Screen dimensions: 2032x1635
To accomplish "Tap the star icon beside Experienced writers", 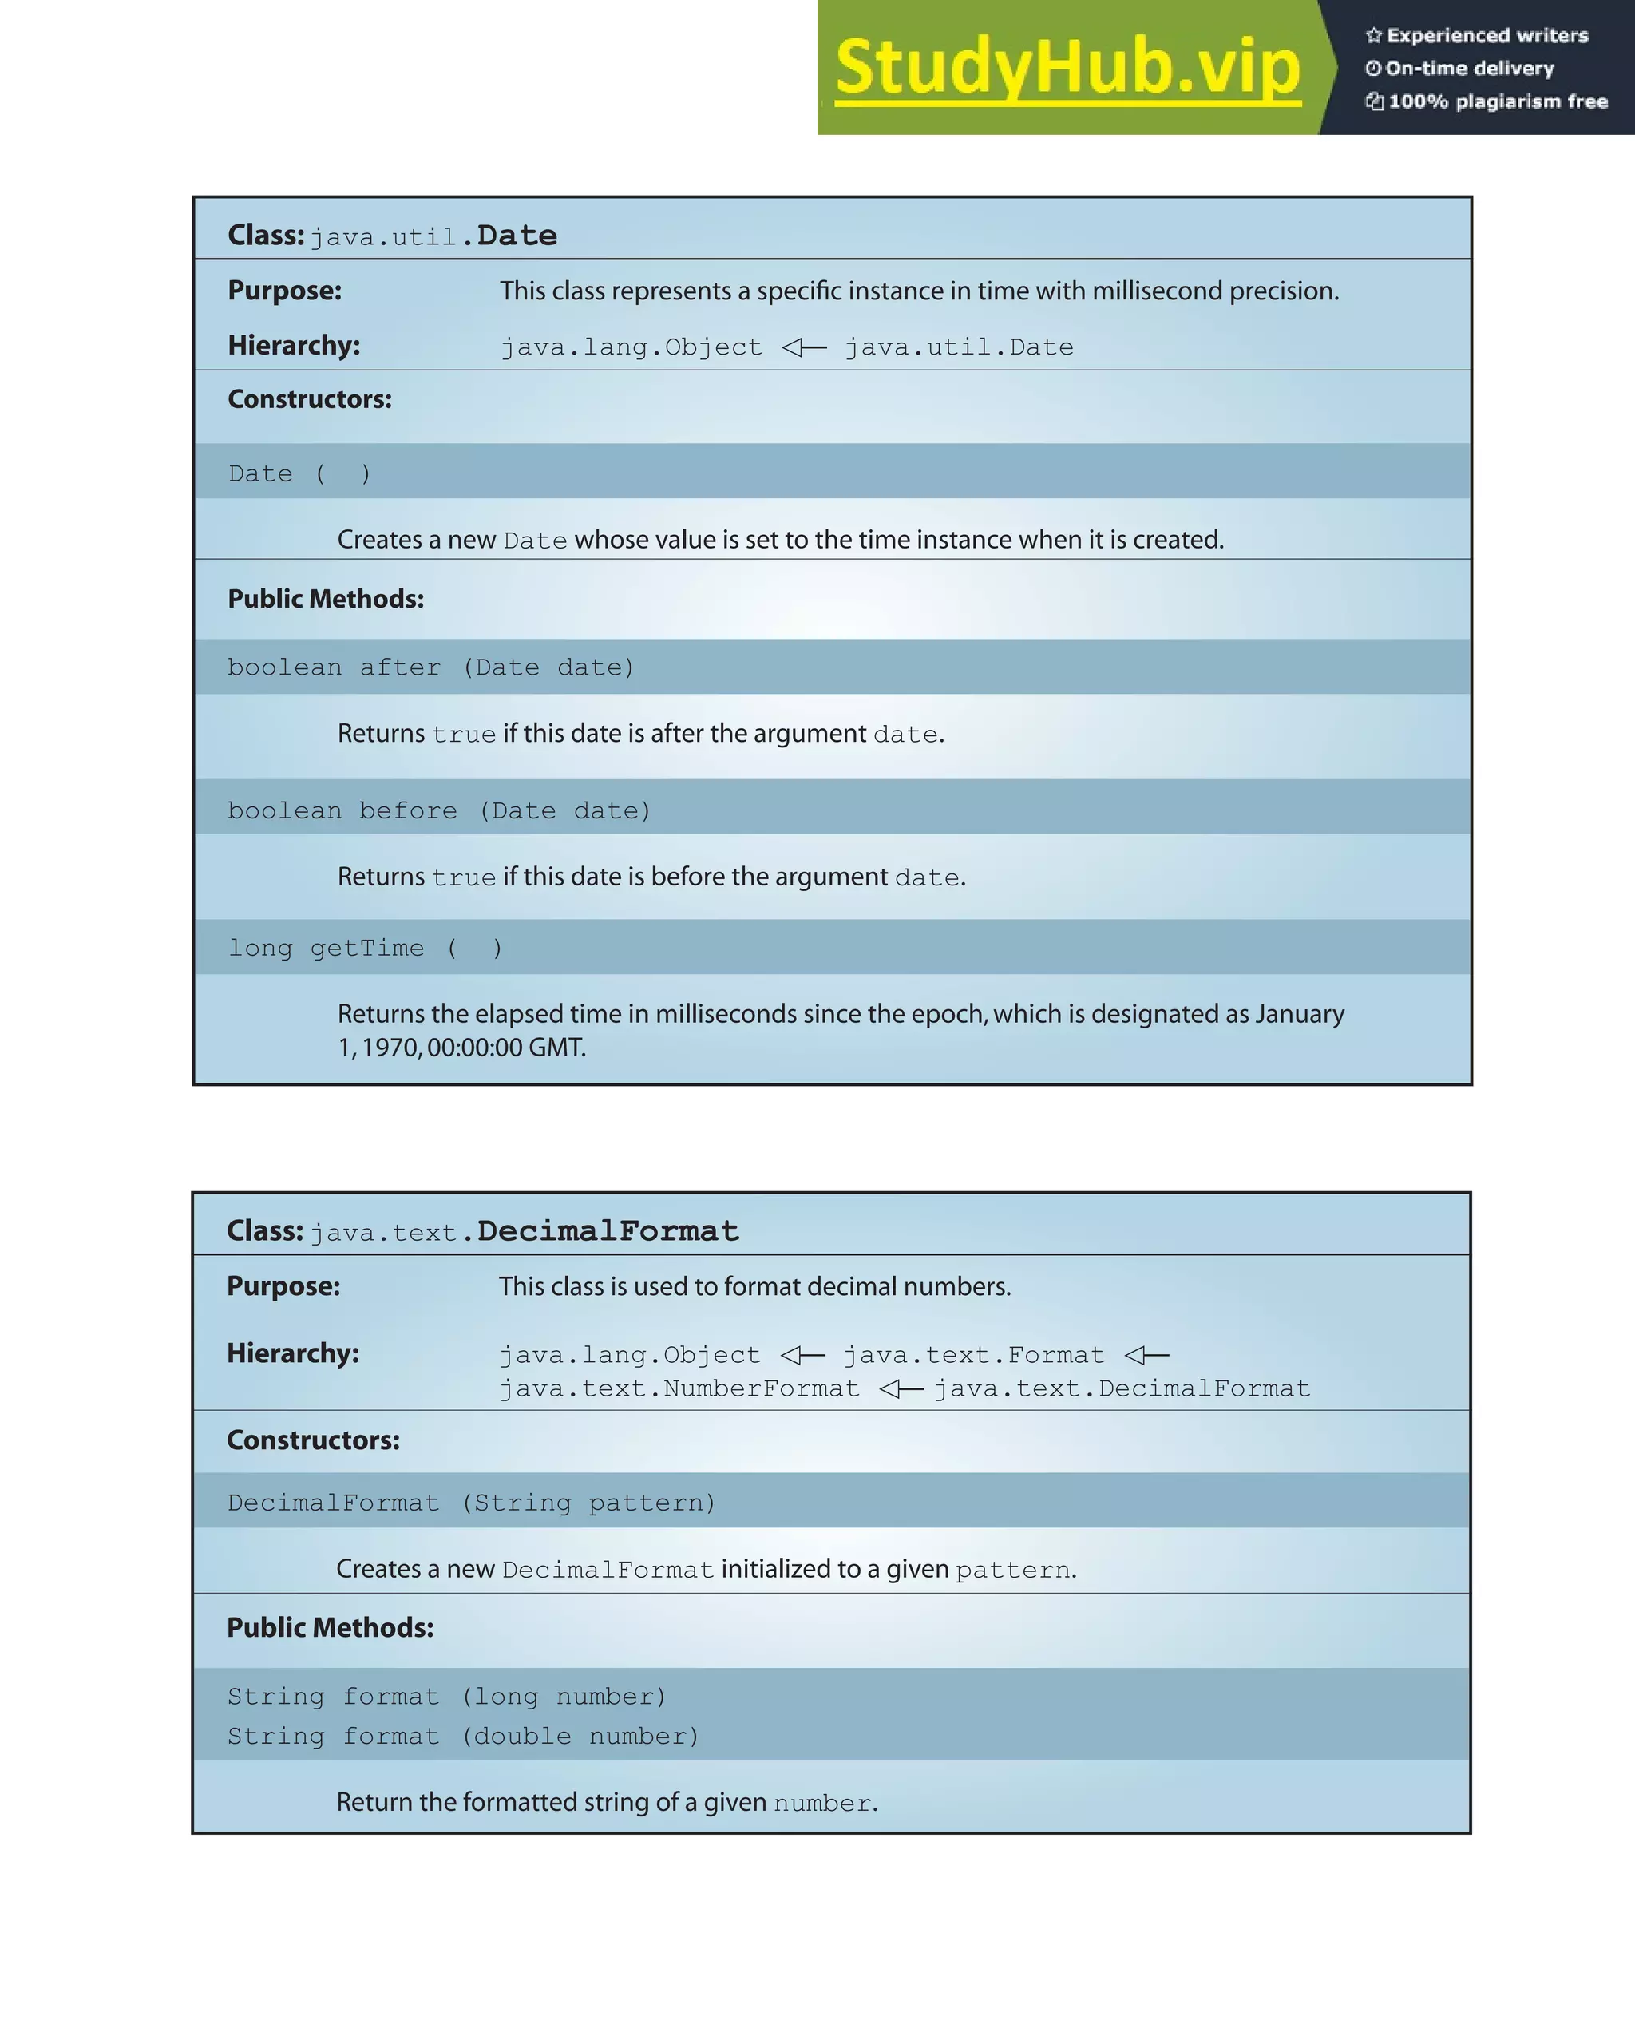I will [1374, 36].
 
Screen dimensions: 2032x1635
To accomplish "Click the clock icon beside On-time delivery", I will [1373, 68].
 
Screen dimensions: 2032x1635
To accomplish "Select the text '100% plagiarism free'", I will [1498, 101].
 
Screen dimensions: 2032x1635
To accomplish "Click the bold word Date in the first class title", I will [517, 235].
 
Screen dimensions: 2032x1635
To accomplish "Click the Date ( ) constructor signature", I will [299, 473].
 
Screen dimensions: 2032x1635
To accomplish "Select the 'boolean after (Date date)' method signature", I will [430, 667].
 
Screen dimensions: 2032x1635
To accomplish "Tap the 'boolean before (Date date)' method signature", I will [439, 810].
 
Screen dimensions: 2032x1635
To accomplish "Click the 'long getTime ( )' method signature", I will [366, 949].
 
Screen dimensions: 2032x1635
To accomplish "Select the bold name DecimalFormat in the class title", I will [608, 1231].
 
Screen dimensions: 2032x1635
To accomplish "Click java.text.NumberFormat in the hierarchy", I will [679, 1388].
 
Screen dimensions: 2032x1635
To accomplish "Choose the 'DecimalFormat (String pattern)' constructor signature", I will [471, 1503].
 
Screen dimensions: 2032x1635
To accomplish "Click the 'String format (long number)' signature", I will [447, 1697].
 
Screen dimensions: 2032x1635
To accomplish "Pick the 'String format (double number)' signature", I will [463, 1736].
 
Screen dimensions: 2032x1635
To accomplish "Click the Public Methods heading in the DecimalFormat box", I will [330, 1628].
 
